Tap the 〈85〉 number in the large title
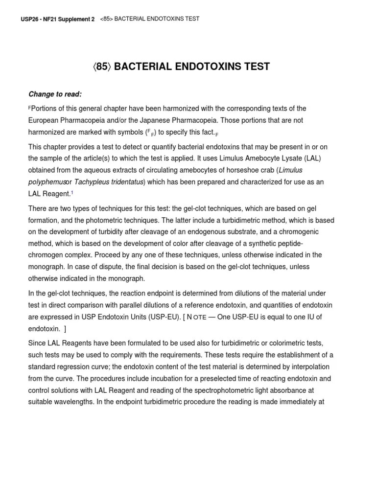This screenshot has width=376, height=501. [x=101, y=67]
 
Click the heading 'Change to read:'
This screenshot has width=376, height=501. [x=55, y=94]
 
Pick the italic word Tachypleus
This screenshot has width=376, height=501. [x=92, y=182]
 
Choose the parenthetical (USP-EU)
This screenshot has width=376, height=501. [x=150, y=317]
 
